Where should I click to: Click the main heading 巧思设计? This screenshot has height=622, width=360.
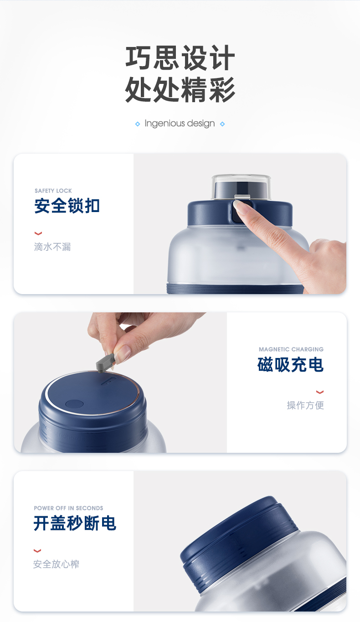180,58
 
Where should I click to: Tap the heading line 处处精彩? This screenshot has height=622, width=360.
180,89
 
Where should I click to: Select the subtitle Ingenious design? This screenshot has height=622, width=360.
180,123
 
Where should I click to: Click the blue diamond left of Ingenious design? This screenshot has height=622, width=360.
138,124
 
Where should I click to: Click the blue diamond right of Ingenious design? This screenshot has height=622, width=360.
222,124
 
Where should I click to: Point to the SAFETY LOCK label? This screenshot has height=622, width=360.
53,191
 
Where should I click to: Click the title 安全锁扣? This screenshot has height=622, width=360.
67,206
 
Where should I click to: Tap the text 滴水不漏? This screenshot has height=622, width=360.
52,247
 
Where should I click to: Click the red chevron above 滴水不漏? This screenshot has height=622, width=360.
38,233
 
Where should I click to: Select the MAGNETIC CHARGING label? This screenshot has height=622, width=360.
291,349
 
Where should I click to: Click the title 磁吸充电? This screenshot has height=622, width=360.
291,365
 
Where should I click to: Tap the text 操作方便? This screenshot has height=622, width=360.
305,405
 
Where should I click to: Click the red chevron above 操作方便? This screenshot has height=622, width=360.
320,392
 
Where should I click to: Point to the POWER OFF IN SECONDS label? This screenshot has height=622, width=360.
68,508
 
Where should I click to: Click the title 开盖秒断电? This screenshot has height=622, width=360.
75,524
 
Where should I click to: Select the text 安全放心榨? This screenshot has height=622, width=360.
56,564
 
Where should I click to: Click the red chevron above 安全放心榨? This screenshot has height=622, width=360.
37,551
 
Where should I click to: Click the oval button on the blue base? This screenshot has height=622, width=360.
74,404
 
